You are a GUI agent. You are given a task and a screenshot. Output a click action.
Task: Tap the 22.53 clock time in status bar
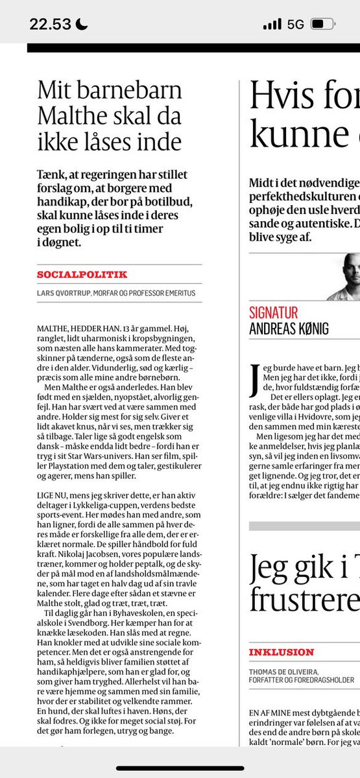tap(49, 24)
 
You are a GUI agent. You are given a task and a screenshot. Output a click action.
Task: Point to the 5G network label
tap(295, 24)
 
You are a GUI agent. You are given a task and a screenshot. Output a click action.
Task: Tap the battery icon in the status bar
tap(322, 24)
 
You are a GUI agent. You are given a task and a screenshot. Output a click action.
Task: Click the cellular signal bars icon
tap(272, 24)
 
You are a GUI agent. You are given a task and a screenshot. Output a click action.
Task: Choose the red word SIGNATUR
tap(274, 312)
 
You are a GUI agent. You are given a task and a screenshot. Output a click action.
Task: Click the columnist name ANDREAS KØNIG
tap(289, 329)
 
